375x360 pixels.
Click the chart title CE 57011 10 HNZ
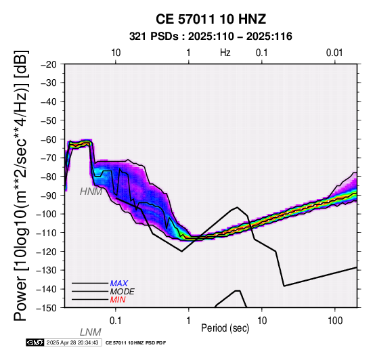(x=211, y=19)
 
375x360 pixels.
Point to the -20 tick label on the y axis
(x=49, y=64)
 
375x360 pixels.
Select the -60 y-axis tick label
(x=49, y=139)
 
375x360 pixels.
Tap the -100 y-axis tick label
(x=47, y=214)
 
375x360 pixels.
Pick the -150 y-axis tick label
(x=47, y=308)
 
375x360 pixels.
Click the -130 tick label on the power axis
(x=47, y=270)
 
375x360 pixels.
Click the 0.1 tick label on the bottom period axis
(x=115, y=321)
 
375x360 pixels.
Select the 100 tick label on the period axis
(x=335, y=321)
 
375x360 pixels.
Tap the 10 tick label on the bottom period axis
(x=262, y=321)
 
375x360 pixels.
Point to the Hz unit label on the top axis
(x=225, y=53)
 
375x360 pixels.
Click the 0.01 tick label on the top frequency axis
(x=334, y=53)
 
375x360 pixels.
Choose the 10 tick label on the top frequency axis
(x=116, y=53)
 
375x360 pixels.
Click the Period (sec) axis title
(x=225, y=328)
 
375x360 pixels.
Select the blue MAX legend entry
(x=119, y=284)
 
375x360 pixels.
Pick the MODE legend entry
(x=123, y=292)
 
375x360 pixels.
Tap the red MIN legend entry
(x=118, y=300)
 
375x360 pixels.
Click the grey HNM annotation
(x=91, y=192)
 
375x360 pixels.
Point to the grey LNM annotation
(x=91, y=332)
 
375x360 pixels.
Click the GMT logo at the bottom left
(x=35, y=342)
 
